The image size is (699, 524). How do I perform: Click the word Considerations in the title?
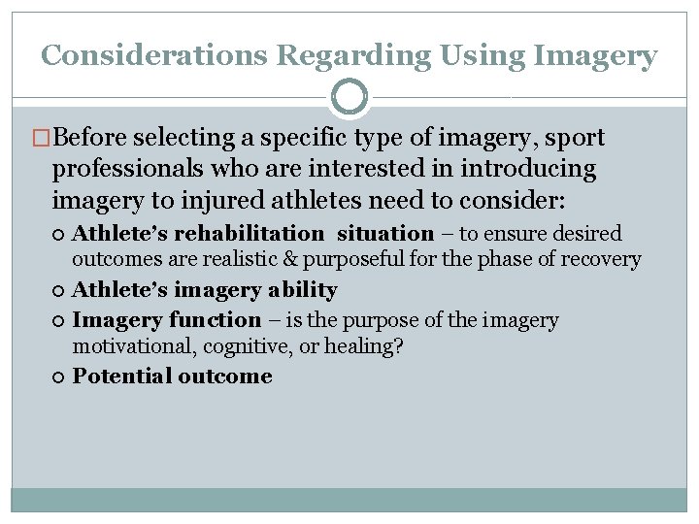154,56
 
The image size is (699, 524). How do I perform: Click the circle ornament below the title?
349,98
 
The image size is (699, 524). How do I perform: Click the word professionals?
133,169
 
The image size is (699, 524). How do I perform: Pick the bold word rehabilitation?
249,234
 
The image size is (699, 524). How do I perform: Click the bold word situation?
385,234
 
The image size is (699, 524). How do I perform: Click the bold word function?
214,320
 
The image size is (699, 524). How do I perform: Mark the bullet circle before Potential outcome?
61,377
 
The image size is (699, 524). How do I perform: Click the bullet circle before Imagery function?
61,320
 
